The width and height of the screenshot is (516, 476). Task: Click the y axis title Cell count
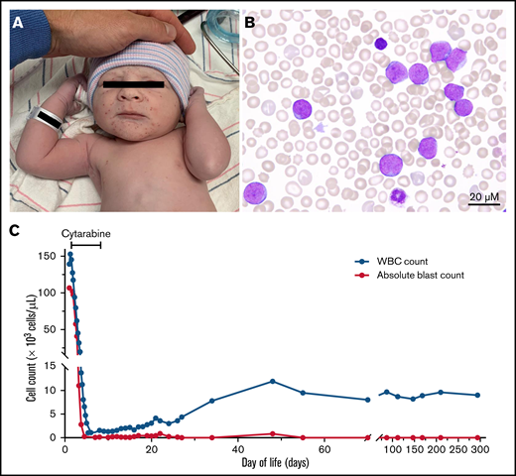[17, 347]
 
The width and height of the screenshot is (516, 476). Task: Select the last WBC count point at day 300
[478, 395]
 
